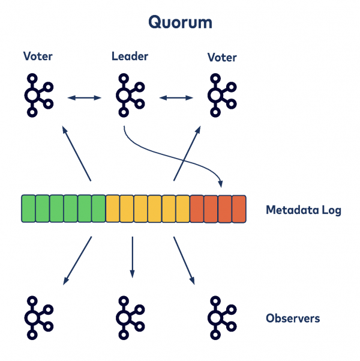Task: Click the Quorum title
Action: pos(180,23)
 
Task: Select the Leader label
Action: pos(130,57)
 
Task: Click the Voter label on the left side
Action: pos(38,57)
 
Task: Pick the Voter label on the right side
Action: pos(221,58)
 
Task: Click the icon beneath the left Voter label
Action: pos(38,96)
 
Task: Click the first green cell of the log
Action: pos(28,209)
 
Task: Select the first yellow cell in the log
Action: pos(112,209)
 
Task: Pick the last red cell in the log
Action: pos(239,209)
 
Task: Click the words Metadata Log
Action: pos(303,210)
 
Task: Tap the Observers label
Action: pos(293,318)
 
